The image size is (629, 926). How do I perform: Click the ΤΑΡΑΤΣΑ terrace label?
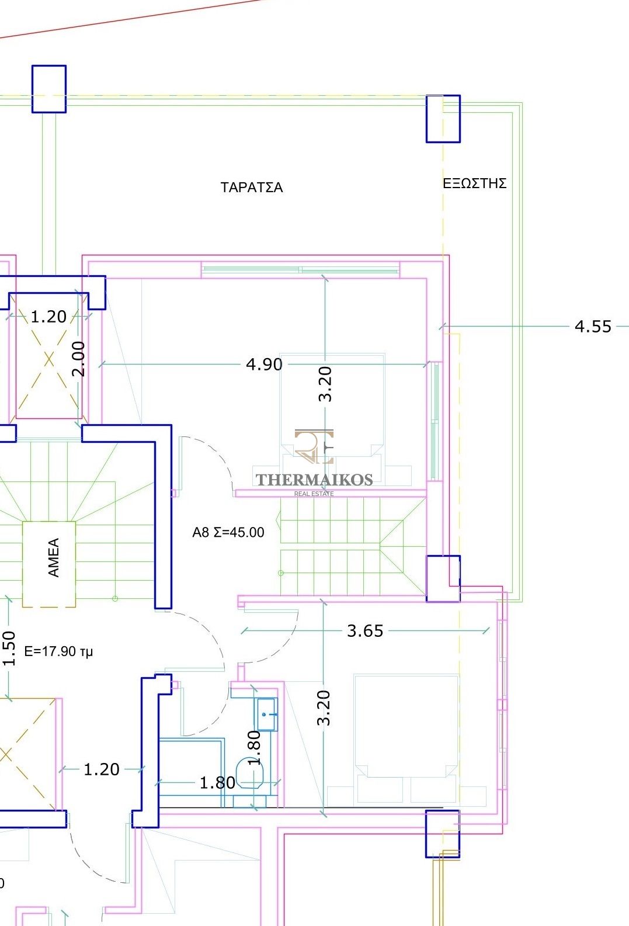point(252,188)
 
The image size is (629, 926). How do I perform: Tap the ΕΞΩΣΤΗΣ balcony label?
point(474,183)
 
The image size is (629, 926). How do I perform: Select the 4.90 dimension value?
point(264,364)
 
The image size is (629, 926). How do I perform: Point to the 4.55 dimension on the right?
point(593,326)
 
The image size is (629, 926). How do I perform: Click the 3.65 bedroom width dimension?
point(365,630)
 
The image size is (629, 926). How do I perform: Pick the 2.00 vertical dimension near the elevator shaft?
point(78,358)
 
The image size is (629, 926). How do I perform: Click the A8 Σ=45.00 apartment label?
point(228,532)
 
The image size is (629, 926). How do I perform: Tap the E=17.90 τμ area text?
point(58,651)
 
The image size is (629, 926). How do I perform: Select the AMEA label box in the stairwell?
point(49,564)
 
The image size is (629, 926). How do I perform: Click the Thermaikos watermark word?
point(314,480)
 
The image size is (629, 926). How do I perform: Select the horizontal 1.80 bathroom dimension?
point(217,782)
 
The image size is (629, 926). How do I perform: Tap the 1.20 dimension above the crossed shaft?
point(48,317)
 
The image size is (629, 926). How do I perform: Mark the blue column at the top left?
point(49,89)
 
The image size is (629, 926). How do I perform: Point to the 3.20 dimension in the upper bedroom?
point(325,384)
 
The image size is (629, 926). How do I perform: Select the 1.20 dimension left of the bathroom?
point(101,769)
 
